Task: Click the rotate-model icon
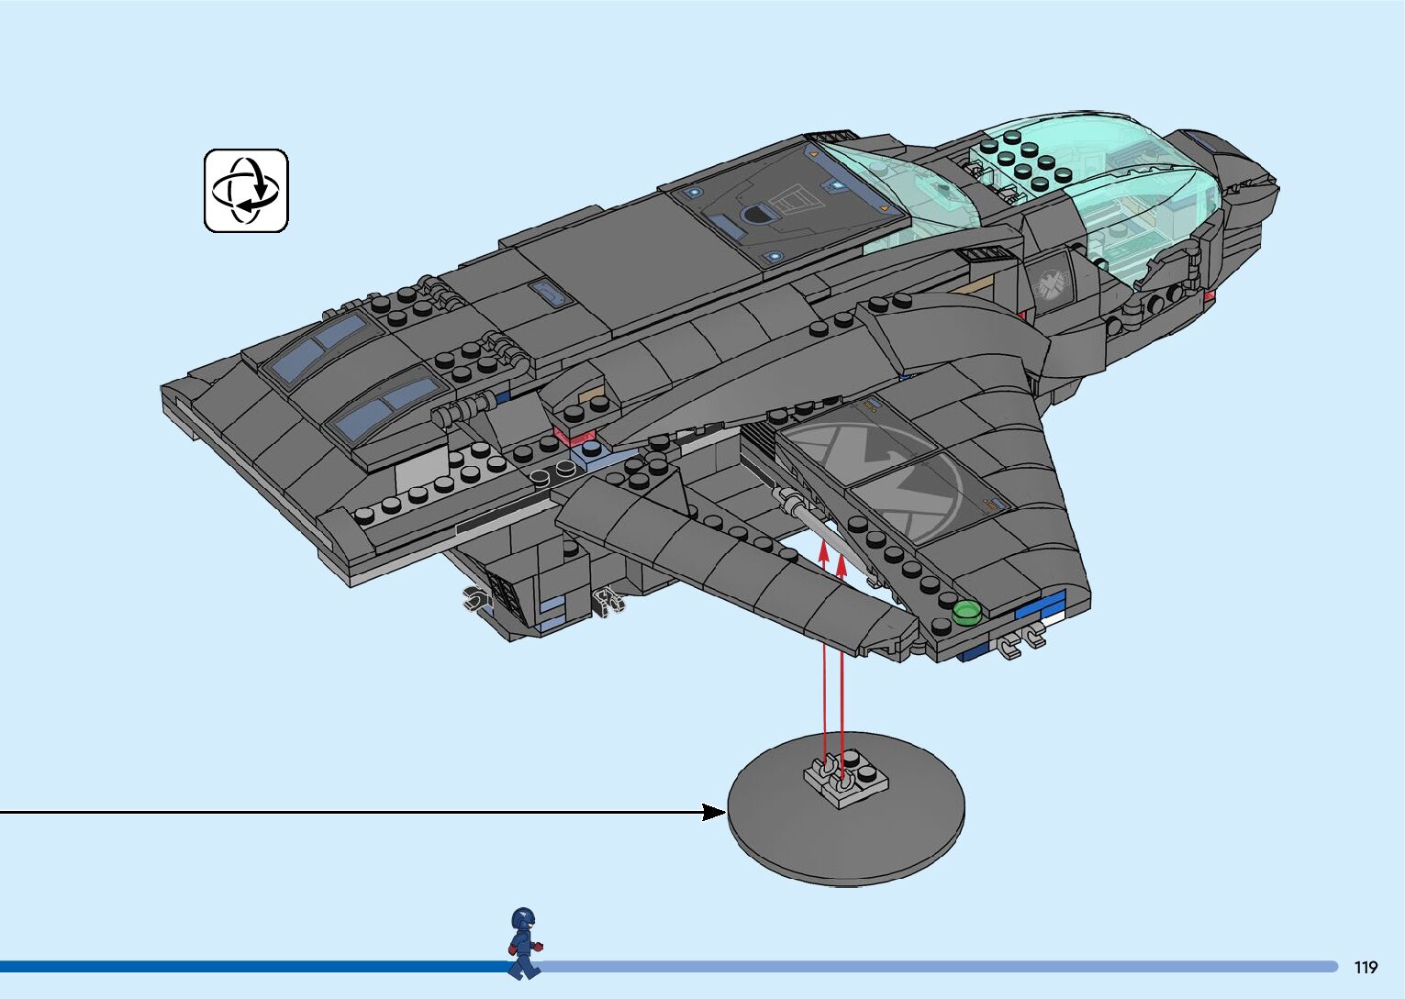[x=246, y=191]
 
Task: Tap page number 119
[x=1366, y=967]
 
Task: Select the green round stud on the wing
[x=965, y=612]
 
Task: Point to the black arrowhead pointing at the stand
[x=714, y=812]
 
